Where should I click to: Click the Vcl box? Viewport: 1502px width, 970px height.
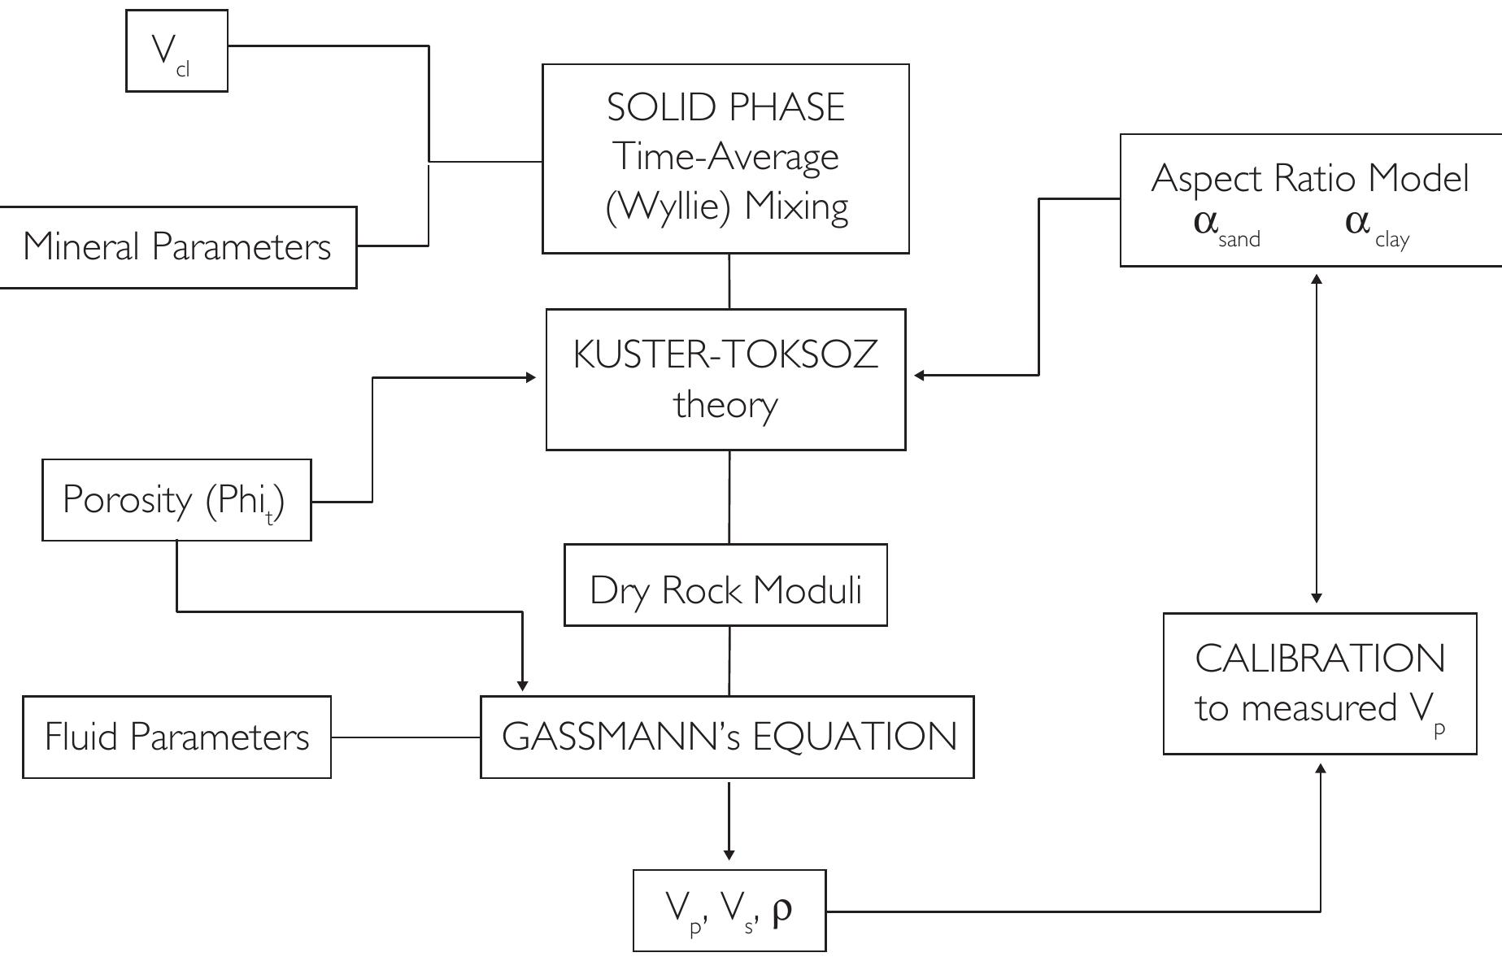[176, 50]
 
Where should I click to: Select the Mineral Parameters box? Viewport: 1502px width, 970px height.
[177, 247]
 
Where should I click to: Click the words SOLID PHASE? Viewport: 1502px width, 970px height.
[725, 108]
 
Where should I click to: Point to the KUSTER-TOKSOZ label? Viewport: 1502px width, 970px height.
[725, 355]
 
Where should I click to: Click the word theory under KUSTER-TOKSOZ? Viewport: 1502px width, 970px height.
[725, 404]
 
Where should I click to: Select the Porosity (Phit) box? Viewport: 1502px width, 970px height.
[176, 500]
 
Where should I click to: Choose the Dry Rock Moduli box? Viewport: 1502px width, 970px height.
[725, 589]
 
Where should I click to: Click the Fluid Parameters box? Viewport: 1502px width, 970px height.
[176, 737]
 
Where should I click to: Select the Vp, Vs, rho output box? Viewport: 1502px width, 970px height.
[729, 911]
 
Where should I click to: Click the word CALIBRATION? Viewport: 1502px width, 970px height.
[1319, 659]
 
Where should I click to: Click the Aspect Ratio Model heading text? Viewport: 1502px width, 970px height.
[1309, 178]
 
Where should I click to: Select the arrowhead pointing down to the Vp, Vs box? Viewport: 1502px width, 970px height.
[729, 854]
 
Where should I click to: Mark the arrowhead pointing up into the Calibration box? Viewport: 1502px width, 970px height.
[1320, 768]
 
